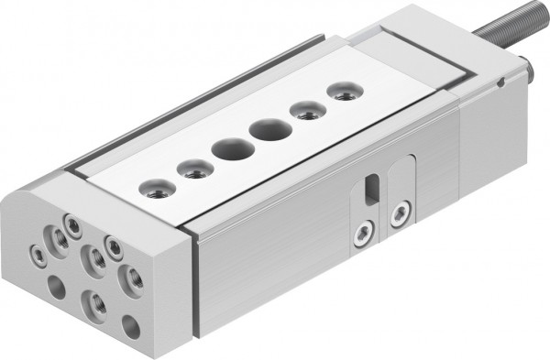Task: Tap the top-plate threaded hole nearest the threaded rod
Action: click(x=342, y=92)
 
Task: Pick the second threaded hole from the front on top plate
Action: click(x=193, y=169)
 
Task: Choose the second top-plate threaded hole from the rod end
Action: click(x=303, y=111)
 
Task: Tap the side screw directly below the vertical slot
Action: click(x=364, y=233)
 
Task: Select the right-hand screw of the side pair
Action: click(x=397, y=215)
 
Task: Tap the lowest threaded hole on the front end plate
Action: click(x=96, y=303)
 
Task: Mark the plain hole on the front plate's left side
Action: click(x=57, y=288)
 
